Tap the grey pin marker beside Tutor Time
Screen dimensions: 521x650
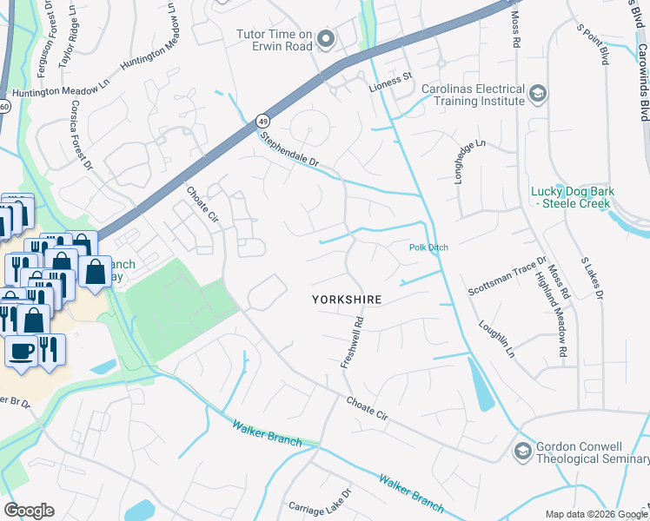326,39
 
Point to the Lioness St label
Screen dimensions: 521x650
390,77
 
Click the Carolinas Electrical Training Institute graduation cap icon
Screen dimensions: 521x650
538,94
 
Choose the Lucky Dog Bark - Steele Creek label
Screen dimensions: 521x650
572,197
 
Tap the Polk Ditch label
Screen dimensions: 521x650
428,247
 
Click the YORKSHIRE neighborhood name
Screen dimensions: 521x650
347,299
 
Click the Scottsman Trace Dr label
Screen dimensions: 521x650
507,275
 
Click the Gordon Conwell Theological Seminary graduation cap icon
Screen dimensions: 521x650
522,450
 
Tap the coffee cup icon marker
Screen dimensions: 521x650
21,351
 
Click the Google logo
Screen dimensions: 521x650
29,511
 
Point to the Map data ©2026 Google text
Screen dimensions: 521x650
595,514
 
